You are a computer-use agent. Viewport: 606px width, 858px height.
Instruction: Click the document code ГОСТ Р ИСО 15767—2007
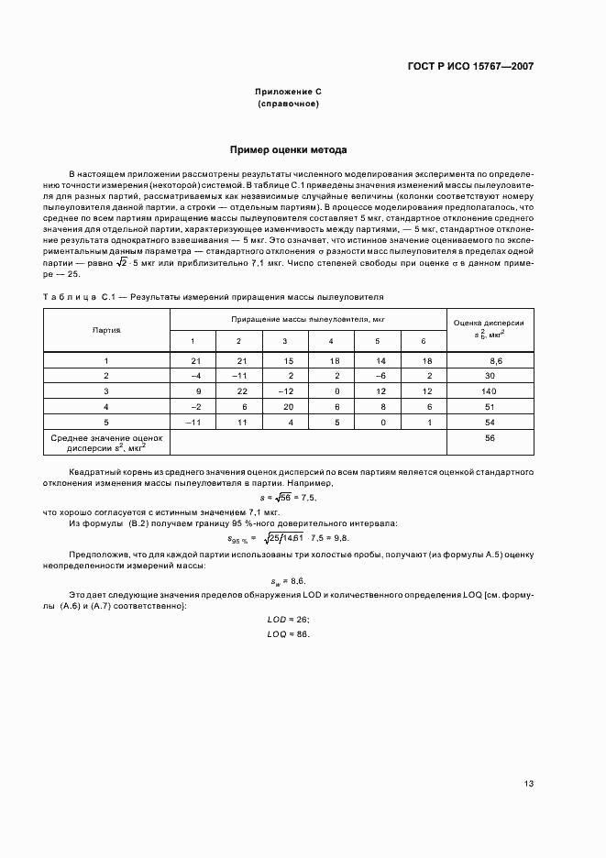coord(469,67)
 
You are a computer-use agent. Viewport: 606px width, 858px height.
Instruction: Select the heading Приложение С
coord(288,93)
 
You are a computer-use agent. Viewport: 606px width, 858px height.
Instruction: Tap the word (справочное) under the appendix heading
coord(288,104)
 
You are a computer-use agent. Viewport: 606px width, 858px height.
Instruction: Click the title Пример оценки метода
coord(288,149)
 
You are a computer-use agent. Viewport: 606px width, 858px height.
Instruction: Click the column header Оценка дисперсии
coord(488,324)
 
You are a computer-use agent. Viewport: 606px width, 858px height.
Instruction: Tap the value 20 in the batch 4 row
coord(288,406)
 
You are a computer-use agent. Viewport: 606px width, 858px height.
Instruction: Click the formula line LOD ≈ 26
coord(288,621)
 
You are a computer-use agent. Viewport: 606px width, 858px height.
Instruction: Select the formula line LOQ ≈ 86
coord(288,633)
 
